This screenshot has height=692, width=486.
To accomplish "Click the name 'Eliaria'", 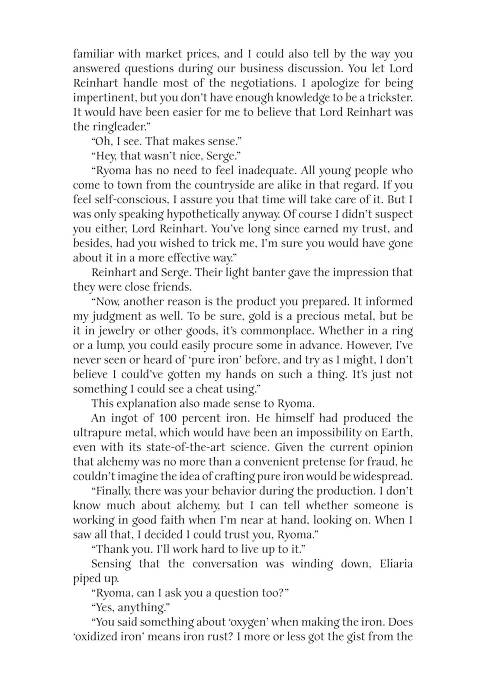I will tap(391, 564).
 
